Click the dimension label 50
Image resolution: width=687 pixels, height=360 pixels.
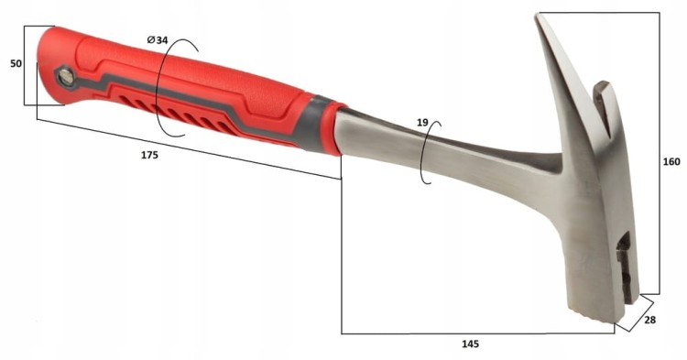point(16,63)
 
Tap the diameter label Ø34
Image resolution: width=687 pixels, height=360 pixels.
point(158,40)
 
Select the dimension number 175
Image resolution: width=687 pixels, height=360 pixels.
point(149,155)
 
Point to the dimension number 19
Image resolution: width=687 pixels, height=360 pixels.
point(422,123)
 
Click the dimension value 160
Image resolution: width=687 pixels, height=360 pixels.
point(671,161)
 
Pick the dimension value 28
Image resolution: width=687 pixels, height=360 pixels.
point(650,320)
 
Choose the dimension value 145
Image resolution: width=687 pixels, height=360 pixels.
point(471,344)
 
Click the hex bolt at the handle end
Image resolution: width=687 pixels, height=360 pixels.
point(66,78)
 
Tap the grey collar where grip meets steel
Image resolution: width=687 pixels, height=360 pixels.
point(312,124)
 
